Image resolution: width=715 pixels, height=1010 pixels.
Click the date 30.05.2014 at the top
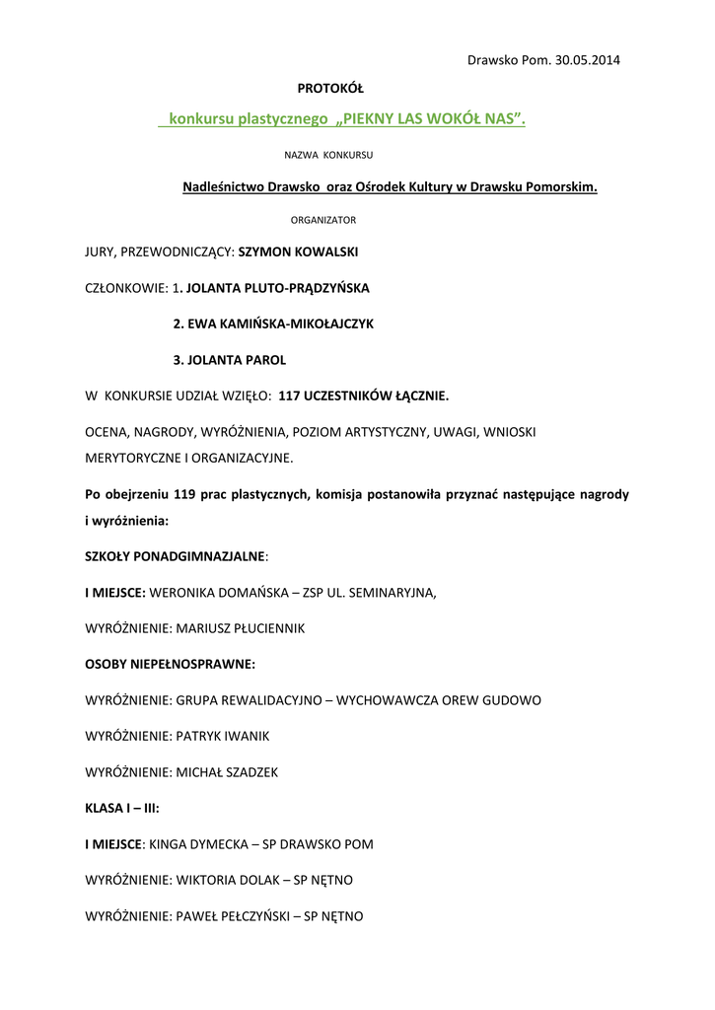pyautogui.click(x=587, y=60)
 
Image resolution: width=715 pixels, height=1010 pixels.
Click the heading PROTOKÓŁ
pyautogui.click(x=330, y=90)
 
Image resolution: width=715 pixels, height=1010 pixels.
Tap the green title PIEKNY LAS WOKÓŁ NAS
pyautogui.click(x=432, y=119)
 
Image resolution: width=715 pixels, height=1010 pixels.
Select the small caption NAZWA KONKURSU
pyautogui.click(x=328, y=155)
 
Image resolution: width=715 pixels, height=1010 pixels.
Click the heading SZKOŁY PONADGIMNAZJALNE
pyautogui.click(x=175, y=556)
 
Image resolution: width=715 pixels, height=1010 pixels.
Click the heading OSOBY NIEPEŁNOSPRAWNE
pyautogui.click(x=170, y=664)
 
